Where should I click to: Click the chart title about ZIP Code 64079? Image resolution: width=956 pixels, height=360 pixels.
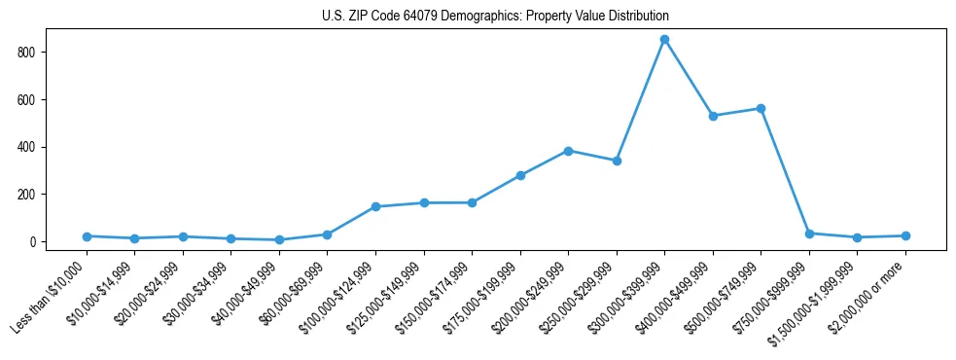495,17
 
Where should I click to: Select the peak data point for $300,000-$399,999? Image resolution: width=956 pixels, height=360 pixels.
664,40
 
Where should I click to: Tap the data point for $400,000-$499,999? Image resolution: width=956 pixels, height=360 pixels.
713,116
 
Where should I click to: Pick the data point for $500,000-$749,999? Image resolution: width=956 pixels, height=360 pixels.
761,108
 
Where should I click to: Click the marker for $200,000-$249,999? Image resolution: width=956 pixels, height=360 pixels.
568,151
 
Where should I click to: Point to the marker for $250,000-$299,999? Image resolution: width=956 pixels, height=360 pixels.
617,161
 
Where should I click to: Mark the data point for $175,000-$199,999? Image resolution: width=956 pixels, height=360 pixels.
520,175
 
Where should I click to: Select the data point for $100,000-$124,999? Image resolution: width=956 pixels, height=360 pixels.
375,206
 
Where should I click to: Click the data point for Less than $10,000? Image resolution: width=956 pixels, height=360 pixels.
87,236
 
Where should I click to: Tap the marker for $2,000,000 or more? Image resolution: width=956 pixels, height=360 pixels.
905,235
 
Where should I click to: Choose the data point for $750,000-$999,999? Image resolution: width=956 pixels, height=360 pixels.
809,234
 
